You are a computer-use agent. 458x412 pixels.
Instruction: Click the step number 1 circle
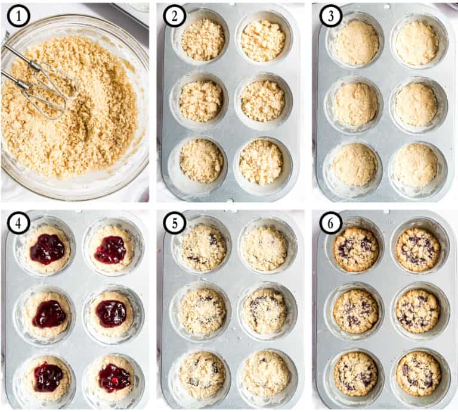[18, 16]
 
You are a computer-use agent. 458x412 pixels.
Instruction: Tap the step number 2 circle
[175, 16]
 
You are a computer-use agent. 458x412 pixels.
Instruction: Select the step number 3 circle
[330, 16]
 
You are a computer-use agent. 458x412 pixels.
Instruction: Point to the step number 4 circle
[18, 223]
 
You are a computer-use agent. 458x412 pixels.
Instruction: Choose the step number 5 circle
[175, 223]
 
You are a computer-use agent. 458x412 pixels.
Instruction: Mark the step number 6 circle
[330, 223]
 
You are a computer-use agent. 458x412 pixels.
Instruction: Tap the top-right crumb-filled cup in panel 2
[262, 40]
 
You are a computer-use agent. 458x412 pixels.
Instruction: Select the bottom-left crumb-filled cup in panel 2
[202, 161]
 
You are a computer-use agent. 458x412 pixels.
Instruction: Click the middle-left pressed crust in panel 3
[355, 104]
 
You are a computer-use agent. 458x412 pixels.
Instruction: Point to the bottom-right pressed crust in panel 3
[417, 164]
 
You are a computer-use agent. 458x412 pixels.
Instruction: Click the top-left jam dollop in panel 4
[47, 249]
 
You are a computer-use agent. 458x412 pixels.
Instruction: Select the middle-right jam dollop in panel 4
[112, 313]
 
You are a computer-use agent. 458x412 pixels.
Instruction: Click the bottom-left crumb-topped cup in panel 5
[202, 374]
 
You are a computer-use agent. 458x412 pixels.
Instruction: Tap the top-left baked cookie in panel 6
[356, 249]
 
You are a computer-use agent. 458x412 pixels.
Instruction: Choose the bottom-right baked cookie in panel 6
[419, 373]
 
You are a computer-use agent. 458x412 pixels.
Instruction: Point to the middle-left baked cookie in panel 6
[355, 311]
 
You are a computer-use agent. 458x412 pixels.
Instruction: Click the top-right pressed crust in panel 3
[417, 43]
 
